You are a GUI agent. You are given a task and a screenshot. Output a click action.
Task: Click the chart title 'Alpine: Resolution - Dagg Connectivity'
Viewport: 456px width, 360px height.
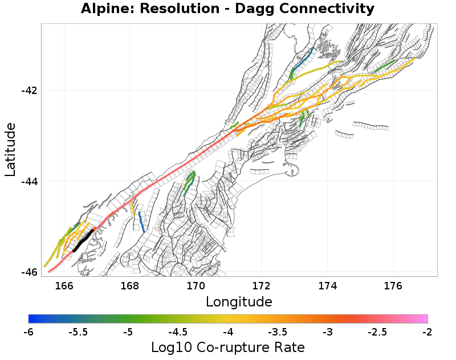click(x=227, y=9)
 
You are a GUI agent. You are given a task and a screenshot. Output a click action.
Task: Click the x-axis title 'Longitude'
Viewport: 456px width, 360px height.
click(x=239, y=301)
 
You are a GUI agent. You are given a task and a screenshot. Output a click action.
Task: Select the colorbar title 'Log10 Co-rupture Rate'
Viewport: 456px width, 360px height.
click(x=227, y=347)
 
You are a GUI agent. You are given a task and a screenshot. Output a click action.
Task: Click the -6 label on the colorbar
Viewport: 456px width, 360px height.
click(x=28, y=332)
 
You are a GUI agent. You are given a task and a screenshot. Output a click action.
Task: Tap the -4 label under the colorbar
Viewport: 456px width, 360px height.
click(x=228, y=332)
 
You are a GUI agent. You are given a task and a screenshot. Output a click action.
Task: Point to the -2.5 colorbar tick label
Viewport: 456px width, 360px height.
click(x=377, y=332)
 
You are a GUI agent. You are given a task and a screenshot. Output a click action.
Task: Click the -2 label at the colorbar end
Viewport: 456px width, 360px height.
click(x=427, y=332)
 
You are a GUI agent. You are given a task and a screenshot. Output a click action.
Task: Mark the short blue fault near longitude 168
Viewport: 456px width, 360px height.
click(x=141, y=221)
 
